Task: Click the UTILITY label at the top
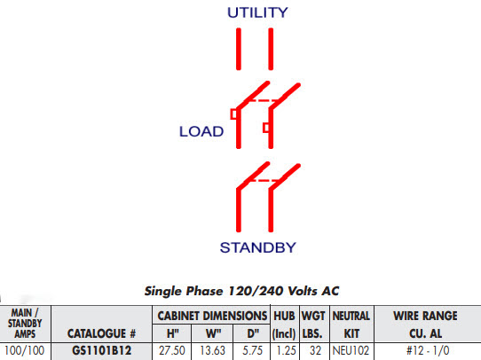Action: pos(257,12)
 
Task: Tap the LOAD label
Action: pos(201,131)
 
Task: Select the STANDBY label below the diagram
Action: pos(258,247)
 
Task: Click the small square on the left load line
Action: pos(233,114)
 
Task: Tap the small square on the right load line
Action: pos(266,128)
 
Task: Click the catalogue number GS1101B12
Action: pos(101,350)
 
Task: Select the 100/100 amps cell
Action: pos(25,350)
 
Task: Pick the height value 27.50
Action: pos(172,350)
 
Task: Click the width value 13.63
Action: pos(213,350)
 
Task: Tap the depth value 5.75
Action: pos(252,350)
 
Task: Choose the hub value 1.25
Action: pos(284,350)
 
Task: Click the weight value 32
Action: pos(315,350)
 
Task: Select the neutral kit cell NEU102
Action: pos(351,350)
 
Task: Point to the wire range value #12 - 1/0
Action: pos(428,350)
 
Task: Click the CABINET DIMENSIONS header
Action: pos(212,316)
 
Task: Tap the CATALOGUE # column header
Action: pos(101,333)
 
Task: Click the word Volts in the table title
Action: pos(300,291)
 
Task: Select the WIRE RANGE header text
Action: pos(425,316)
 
